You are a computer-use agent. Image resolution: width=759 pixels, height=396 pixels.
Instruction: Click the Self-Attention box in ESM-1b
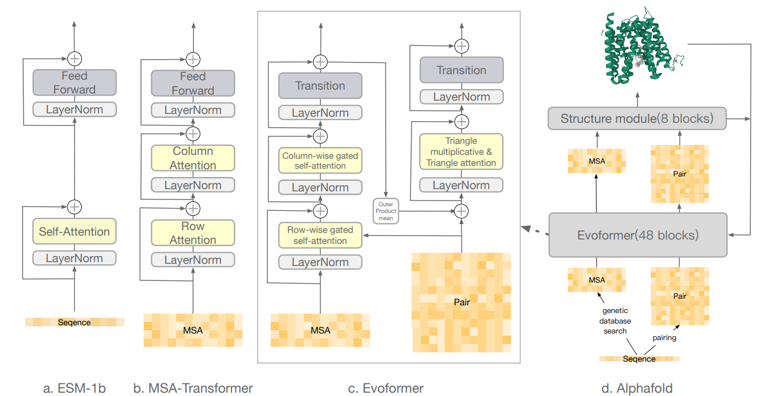(74, 232)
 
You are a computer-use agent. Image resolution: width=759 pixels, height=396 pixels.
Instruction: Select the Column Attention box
(193, 158)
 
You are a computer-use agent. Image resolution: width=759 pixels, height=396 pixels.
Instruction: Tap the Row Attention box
(193, 233)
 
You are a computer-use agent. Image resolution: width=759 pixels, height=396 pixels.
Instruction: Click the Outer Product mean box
(386, 211)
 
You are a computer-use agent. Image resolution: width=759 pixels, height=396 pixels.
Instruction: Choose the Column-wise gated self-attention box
(320, 160)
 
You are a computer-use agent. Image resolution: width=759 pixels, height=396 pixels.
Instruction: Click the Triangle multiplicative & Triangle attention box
(461, 152)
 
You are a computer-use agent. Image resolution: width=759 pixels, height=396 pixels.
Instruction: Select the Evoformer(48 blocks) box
(637, 235)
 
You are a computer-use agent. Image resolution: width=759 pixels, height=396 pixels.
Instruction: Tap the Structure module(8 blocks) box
(636, 118)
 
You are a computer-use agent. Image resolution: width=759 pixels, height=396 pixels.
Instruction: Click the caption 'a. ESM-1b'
(74, 388)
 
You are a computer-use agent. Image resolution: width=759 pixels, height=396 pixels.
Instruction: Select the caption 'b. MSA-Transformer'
(193, 388)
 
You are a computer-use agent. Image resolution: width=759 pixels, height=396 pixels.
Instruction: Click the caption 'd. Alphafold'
(637, 388)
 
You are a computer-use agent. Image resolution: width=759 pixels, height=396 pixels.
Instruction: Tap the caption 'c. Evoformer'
(386, 388)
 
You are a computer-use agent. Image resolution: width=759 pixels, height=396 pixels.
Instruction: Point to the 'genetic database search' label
(615, 321)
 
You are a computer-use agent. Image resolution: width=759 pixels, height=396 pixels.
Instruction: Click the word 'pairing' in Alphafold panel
(664, 337)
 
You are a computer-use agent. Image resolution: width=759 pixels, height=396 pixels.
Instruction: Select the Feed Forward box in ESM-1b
(74, 82)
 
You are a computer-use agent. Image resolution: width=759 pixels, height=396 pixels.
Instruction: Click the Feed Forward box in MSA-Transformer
(193, 83)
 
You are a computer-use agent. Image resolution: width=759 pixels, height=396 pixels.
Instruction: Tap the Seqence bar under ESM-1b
(74, 322)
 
